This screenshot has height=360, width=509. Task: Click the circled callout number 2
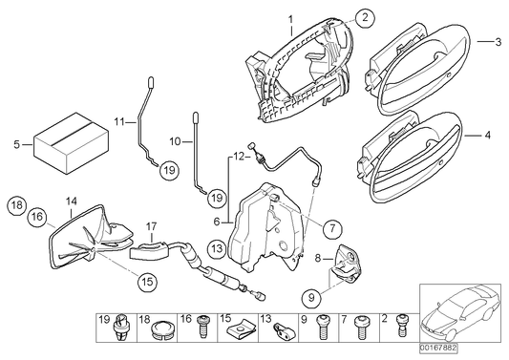365,16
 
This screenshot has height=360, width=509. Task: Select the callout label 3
497,42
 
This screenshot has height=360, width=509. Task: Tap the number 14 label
70,201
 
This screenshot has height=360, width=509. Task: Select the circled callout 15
146,282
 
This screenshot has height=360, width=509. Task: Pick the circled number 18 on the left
16,205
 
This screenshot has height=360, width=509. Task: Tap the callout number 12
241,154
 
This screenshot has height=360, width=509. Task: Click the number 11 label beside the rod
118,122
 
